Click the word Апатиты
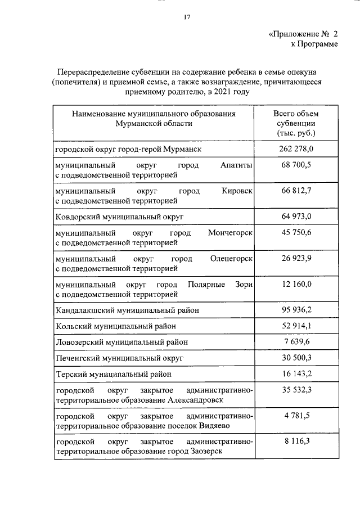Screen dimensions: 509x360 pyautogui.click(x=237, y=165)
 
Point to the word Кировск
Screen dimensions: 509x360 pyautogui.click(x=237, y=191)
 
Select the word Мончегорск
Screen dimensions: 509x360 pyautogui.click(x=230, y=233)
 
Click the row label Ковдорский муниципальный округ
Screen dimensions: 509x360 pyautogui.click(x=120, y=217)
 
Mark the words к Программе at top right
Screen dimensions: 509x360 pyautogui.click(x=314, y=44)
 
